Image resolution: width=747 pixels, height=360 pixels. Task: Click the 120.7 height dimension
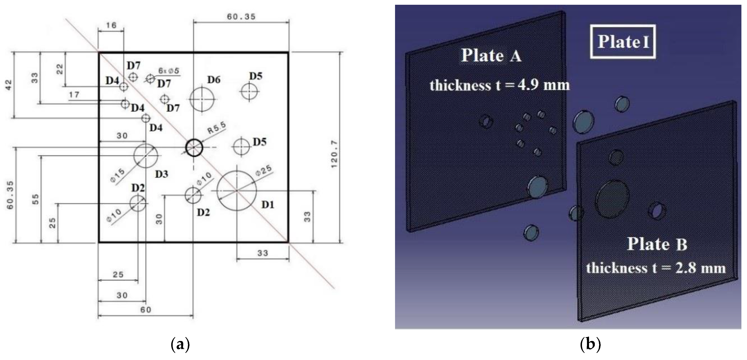point(334,154)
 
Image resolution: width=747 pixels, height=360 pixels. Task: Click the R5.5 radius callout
point(217,128)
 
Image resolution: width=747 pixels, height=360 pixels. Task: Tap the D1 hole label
point(268,205)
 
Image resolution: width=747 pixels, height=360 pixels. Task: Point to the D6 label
point(214,80)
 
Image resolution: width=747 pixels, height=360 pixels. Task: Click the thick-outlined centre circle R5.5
point(194,148)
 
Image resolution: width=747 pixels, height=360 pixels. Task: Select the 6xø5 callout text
point(169,71)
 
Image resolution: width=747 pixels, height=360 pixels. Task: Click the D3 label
point(161,174)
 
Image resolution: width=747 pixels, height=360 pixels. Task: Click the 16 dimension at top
point(111,25)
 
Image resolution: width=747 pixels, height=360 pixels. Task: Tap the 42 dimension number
point(9,85)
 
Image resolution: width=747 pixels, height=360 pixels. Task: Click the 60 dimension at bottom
point(146,310)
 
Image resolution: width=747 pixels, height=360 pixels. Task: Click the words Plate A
point(491,55)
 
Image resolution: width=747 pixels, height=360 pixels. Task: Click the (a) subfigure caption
point(180,344)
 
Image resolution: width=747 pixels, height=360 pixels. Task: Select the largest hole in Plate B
point(612,199)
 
